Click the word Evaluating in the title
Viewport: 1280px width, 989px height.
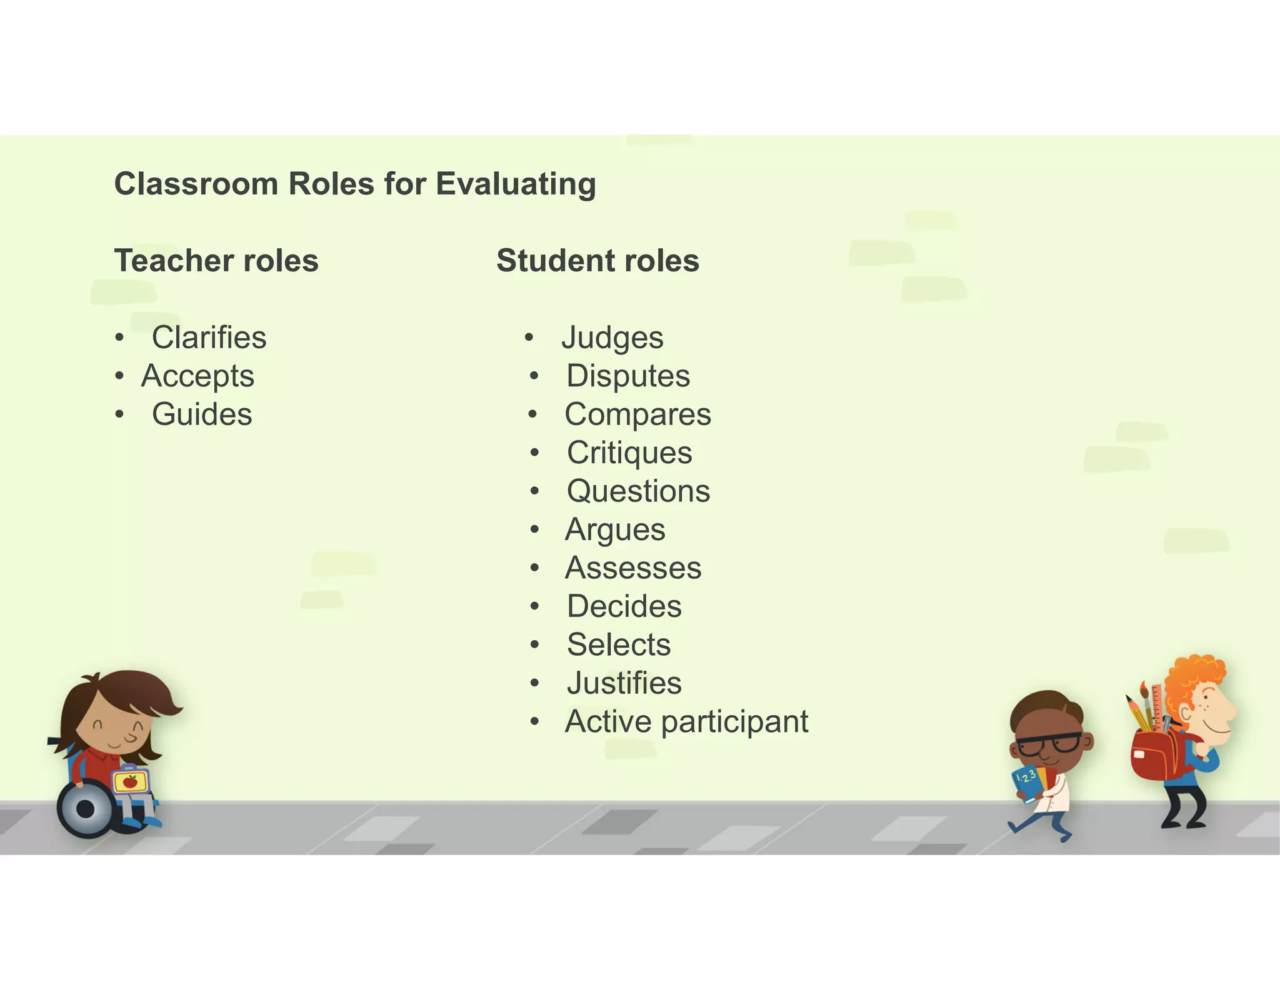point(516,185)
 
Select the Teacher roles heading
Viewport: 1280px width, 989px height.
point(216,261)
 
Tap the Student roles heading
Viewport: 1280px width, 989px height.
point(597,261)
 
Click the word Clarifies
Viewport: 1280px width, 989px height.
point(209,338)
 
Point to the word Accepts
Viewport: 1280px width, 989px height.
point(197,376)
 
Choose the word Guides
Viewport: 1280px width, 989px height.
point(202,414)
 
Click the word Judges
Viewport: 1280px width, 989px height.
point(612,338)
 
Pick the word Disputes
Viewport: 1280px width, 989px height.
point(628,376)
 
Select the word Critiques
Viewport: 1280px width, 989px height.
point(629,453)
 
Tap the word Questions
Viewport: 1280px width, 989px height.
point(638,491)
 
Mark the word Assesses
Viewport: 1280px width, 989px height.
point(633,568)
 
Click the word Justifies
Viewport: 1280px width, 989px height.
point(624,683)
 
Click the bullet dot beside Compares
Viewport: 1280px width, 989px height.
point(532,414)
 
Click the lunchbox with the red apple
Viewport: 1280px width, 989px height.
point(131,781)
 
